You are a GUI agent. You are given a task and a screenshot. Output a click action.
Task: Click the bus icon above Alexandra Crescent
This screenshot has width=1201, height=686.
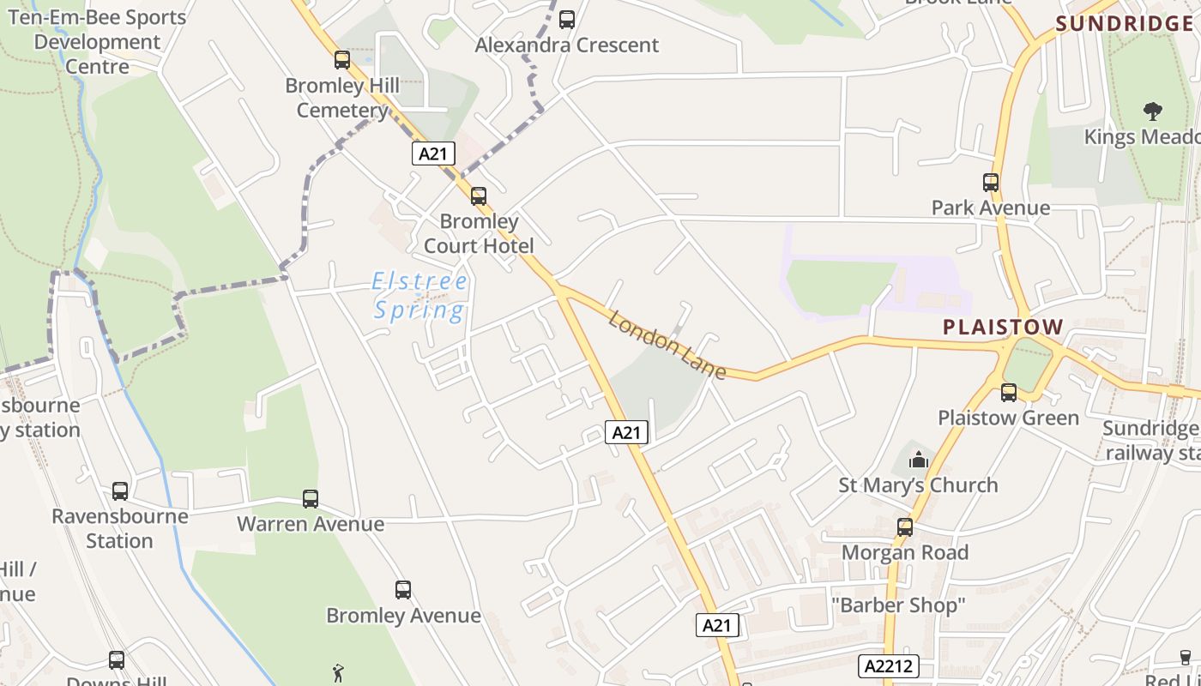point(566,19)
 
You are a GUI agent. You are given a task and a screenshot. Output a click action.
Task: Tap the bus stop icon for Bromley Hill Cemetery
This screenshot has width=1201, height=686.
point(342,60)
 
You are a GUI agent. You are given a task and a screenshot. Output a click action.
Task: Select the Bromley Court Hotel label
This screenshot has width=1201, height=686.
point(479,233)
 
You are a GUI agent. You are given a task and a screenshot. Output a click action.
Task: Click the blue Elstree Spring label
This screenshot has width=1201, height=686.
point(420,295)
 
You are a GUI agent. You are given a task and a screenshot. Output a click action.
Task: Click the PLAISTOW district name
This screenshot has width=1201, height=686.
point(1003,327)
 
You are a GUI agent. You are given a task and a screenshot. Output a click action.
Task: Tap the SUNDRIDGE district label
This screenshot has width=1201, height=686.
point(1124,23)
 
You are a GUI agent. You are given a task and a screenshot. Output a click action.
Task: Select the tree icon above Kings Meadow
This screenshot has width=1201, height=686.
point(1152,111)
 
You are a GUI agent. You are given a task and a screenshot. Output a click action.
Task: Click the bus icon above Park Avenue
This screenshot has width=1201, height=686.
point(991,182)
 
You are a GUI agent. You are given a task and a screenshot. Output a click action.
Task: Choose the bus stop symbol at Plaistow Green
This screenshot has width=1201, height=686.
point(1009,393)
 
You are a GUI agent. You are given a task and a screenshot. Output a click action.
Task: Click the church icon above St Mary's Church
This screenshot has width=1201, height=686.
point(919,460)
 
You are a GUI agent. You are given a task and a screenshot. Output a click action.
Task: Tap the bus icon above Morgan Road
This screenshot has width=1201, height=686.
point(905,527)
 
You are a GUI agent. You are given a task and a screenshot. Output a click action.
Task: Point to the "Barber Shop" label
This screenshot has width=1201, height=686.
point(898,605)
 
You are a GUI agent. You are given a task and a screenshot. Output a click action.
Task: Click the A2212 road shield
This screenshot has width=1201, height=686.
point(889,665)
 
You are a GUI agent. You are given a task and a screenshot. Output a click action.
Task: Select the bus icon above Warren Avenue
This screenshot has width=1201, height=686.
point(311,498)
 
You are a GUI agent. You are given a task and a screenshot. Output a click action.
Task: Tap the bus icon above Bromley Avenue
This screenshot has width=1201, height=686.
point(403,590)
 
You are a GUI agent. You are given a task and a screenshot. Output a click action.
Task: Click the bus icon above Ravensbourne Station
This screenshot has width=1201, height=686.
point(120,491)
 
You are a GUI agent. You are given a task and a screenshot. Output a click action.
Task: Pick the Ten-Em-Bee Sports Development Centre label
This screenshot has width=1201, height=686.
point(97,42)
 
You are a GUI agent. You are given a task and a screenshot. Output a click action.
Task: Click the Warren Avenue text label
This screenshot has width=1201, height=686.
point(311,523)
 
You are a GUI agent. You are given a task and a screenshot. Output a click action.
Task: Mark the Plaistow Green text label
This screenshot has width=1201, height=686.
point(1008,418)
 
